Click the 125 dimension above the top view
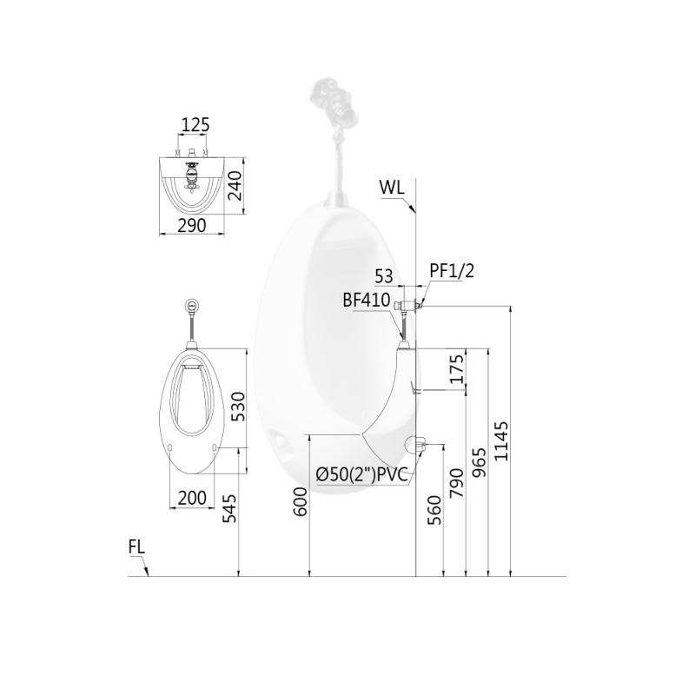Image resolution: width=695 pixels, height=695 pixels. (195, 125)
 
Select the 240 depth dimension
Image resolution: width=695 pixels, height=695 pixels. (235, 186)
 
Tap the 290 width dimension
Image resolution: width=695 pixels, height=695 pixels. (192, 226)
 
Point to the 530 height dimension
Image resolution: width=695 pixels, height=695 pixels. (237, 407)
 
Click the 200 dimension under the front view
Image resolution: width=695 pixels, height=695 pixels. (192, 498)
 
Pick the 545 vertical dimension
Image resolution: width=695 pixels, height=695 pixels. (229, 508)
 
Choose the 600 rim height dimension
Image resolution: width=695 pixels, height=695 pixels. (300, 501)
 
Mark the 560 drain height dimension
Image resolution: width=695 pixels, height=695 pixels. (434, 510)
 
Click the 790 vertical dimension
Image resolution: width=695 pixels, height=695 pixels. (457, 483)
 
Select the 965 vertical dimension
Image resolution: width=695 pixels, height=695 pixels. (479, 462)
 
